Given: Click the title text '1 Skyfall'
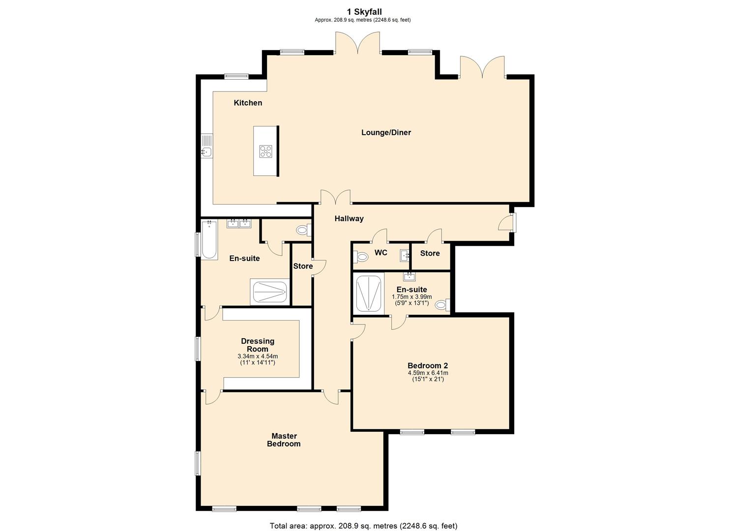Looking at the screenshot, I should click(x=364, y=12).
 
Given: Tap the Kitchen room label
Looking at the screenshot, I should click(x=248, y=103).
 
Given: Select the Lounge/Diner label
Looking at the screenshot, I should click(x=386, y=132).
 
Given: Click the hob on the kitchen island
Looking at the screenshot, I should click(x=266, y=151).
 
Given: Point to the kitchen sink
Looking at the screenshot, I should click(x=206, y=152).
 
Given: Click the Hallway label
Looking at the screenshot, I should click(x=349, y=218).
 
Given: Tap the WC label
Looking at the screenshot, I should click(x=381, y=253).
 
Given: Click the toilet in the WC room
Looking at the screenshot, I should click(x=361, y=256).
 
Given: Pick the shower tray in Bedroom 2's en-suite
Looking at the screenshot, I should click(x=369, y=294).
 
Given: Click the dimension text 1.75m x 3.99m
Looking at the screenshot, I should click(x=411, y=297).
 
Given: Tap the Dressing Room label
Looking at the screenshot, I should click(x=258, y=345).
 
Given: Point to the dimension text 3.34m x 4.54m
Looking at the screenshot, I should click(x=258, y=356).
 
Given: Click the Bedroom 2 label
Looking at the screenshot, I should click(x=428, y=365).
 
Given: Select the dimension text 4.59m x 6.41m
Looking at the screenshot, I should click(x=428, y=373).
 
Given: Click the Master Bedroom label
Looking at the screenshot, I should click(x=284, y=440).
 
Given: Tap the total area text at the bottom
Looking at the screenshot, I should click(x=363, y=526).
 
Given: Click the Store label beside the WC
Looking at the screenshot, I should click(x=430, y=253).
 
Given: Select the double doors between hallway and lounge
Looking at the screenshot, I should click(x=336, y=198).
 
